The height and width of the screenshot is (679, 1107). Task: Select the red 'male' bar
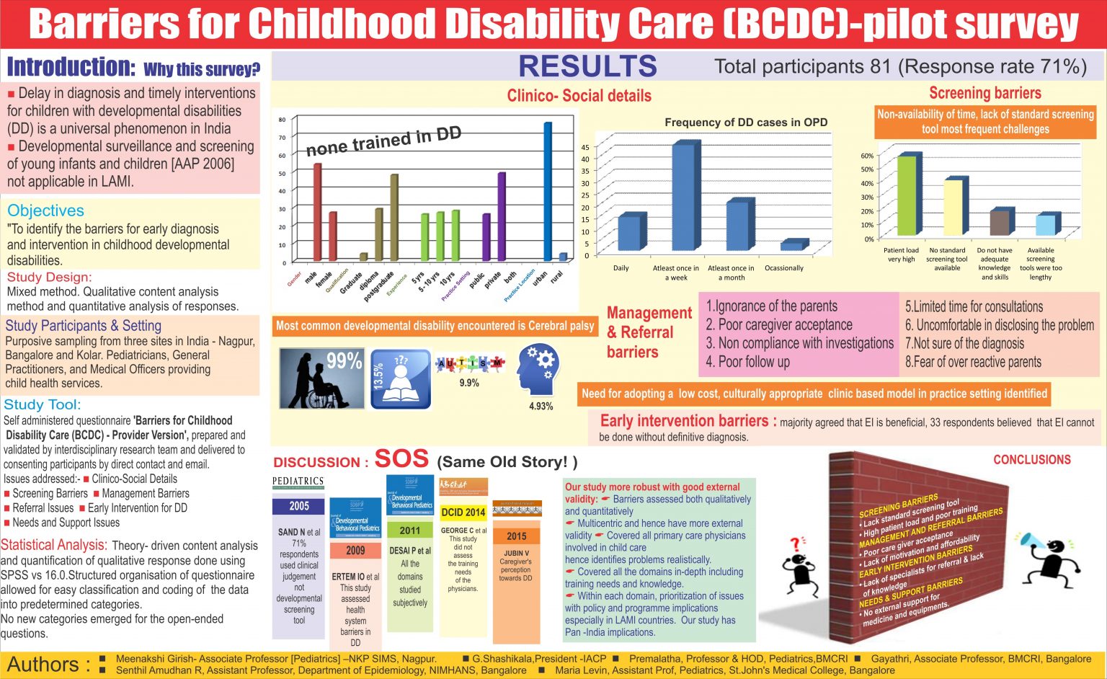(317, 212)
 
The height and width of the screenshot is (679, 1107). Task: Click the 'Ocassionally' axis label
(784, 268)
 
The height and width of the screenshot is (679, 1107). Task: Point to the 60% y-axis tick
(867, 156)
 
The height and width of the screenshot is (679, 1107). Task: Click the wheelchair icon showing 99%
(321, 378)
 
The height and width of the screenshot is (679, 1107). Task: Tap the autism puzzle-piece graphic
(469, 364)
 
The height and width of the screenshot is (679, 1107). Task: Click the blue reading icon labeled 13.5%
(401, 378)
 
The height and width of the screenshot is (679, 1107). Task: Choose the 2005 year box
(298, 506)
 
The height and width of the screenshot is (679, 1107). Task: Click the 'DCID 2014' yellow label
(463, 512)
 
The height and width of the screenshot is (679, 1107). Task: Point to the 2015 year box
(516, 536)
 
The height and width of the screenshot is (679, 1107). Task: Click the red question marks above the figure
(796, 543)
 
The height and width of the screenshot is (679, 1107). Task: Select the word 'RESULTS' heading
(587, 66)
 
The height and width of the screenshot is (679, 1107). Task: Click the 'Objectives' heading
(46, 210)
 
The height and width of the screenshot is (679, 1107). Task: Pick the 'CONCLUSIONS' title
(1031, 460)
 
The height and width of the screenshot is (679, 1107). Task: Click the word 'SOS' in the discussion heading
(401, 459)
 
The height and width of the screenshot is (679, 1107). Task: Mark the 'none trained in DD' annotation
(383, 141)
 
